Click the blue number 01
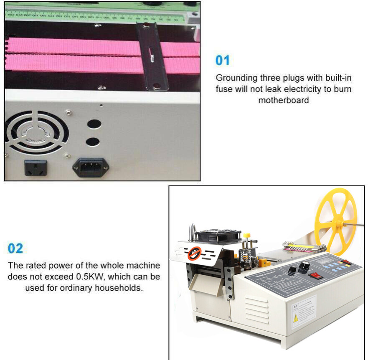point(223,61)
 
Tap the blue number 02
point(15,248)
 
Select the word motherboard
point(283,100)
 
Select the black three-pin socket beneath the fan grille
point(36,168)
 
